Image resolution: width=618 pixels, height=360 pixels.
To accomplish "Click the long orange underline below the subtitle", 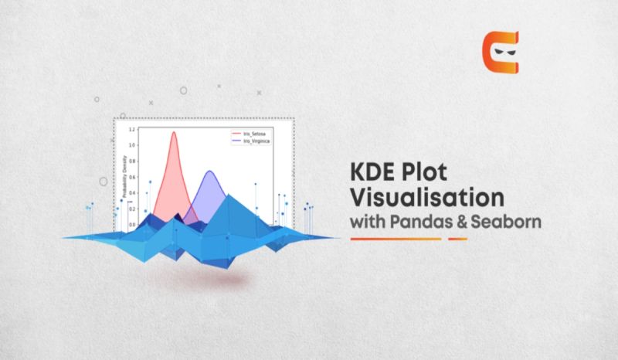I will pos(396,239).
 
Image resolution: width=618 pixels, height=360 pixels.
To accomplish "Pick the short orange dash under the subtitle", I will pos(458,239).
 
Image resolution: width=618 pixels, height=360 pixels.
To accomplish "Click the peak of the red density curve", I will pos(174,132).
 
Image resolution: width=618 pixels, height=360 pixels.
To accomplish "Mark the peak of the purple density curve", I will pos(209,172).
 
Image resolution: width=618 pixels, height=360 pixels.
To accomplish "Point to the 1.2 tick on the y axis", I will pos(132,130).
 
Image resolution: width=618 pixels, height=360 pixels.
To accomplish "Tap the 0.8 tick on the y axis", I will pos(132,161).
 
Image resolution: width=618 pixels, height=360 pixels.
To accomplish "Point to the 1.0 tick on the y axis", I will pos(132,145).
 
